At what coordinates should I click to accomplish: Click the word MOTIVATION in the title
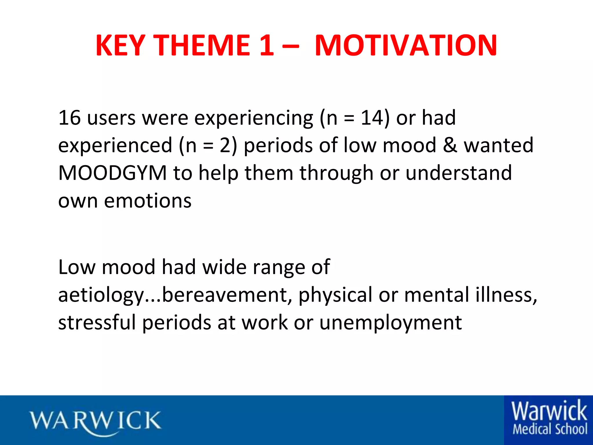pos(406,45)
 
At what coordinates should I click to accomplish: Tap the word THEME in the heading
pos(201,45)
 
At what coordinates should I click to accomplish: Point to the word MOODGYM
pos(112,173)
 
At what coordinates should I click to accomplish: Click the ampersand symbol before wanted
pos(450,145)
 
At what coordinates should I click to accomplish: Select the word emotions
pos(148,201)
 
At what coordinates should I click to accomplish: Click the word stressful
pos(97,322)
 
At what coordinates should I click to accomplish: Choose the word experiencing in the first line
pos(254,118)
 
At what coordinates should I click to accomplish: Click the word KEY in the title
pos(120,45)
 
